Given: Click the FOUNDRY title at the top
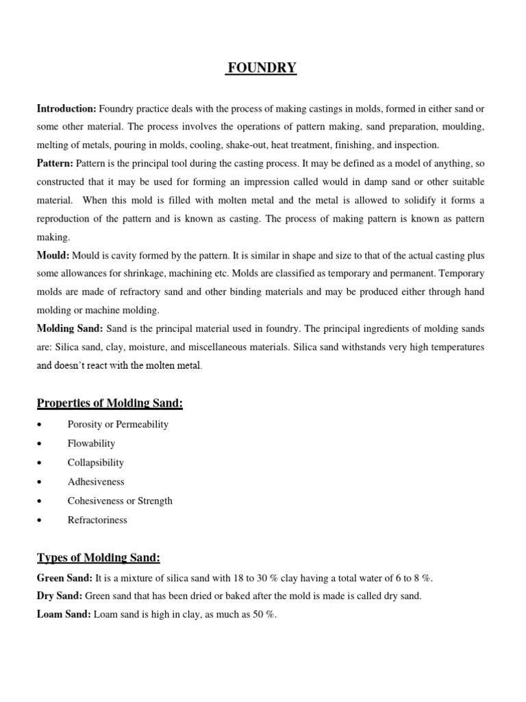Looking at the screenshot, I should (262, 68).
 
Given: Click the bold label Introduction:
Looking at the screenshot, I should (66, 109).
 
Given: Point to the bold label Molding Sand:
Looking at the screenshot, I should (70, 329).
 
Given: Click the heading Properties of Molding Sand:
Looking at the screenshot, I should (110, 404).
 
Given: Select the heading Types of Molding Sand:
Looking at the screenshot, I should (98, 558).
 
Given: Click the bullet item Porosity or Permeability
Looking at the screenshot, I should (118, 424).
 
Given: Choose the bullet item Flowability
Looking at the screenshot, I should (91, 444).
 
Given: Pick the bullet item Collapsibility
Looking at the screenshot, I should (95, 463).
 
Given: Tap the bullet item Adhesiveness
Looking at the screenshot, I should (96, 482).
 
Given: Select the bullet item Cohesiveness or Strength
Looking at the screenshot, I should (120, 501).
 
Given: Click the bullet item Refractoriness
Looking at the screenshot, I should (97, 520).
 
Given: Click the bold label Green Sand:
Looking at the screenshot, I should (64, 578).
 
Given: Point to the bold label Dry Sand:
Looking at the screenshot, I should (60, 596).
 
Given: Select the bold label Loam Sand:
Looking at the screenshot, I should (63, 615).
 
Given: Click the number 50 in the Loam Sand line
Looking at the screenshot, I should (257, 615).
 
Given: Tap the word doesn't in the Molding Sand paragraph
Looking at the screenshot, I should (71, 366).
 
